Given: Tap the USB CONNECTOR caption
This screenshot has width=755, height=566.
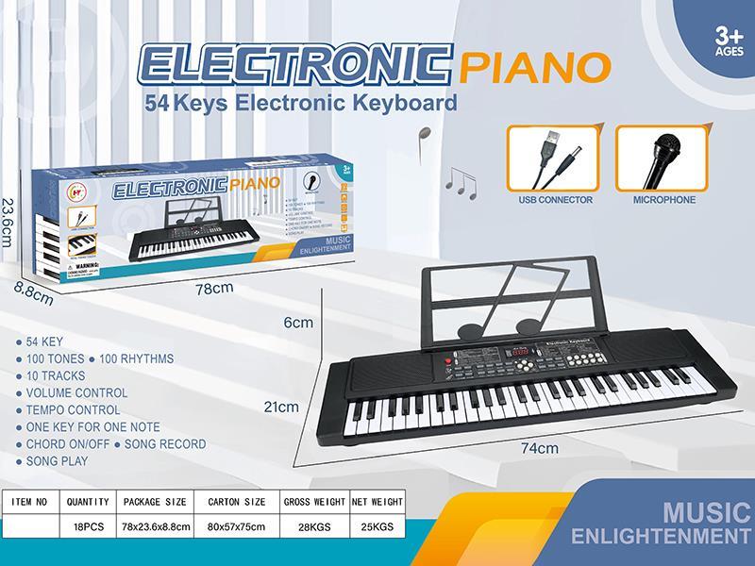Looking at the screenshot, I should pos(555,200).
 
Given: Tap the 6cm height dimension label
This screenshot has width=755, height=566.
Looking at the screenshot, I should pos(298,323).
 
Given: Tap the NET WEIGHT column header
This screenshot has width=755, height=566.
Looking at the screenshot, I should pos(377,502).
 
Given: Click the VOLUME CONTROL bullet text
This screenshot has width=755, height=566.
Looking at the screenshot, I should pos(76,392).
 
